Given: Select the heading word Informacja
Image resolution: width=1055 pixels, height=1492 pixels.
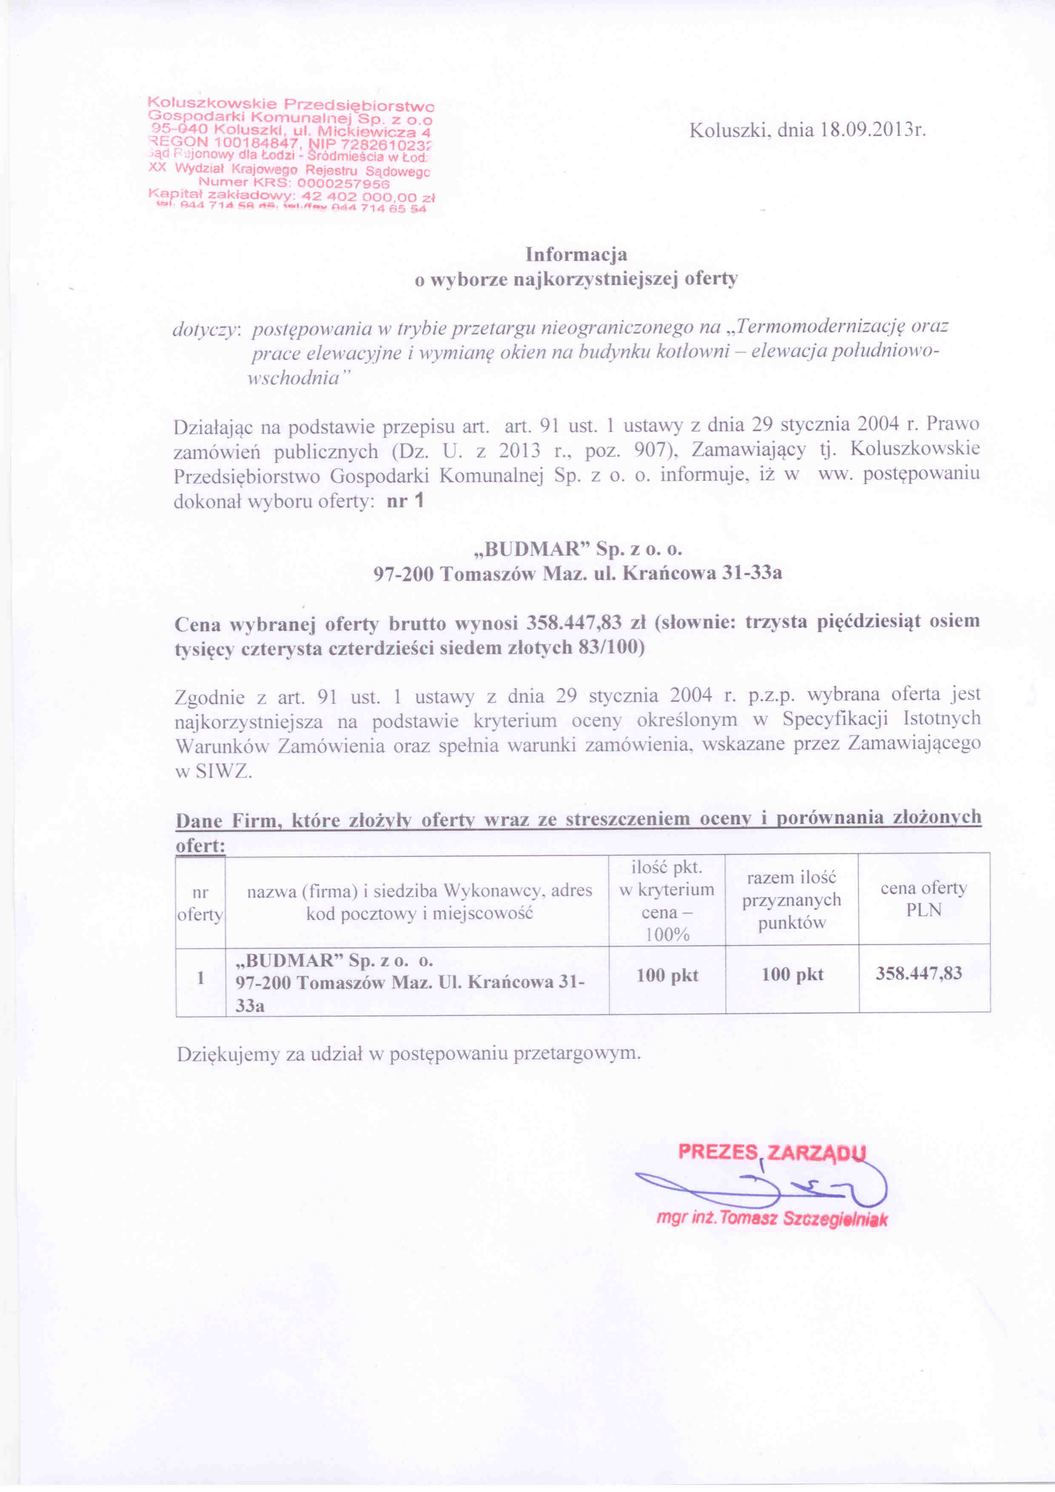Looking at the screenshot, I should pos(576,254).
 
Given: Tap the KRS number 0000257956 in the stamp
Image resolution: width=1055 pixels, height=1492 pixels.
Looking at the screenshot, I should pos(333,183).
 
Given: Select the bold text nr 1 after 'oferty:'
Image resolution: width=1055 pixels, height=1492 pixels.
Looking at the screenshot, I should pos(405,501).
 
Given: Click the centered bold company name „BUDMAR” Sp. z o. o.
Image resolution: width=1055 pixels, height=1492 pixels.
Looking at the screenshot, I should pos(576,549).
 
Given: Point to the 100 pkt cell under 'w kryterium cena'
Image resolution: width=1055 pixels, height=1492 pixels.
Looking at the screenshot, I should pos(667,975).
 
